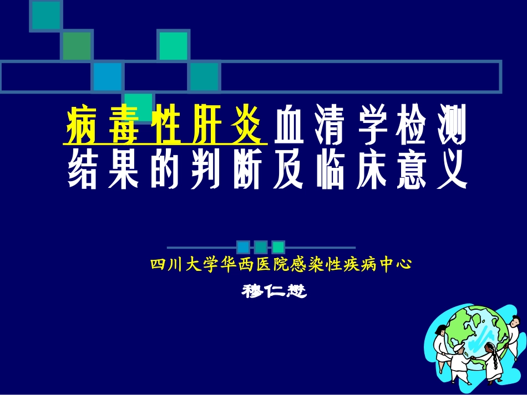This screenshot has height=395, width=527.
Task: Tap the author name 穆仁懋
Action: click(x=275, y=290)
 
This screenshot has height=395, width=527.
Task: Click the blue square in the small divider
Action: click(x=242, y=247)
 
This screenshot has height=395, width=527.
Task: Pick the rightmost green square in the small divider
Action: click(x=278, y=247)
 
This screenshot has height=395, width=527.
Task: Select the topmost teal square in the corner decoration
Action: click(x=46, y=15)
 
